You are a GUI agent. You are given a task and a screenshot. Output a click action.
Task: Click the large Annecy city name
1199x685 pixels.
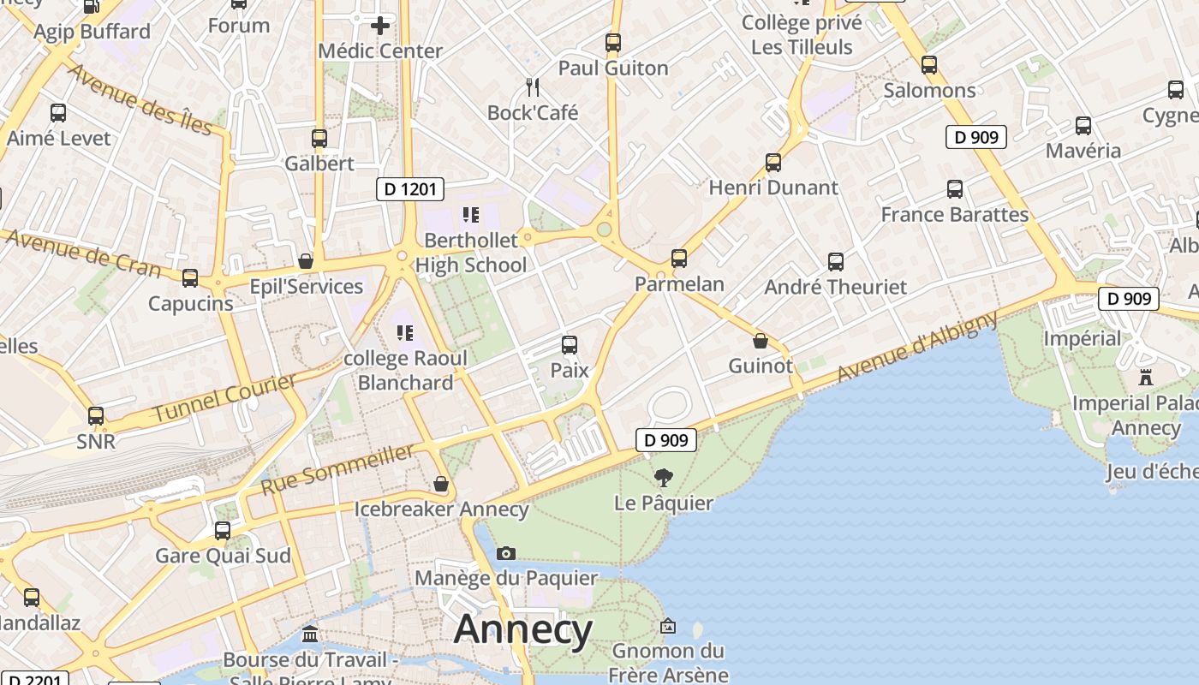(522, 630)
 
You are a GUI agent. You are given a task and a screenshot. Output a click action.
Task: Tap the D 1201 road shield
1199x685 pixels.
(410, 189)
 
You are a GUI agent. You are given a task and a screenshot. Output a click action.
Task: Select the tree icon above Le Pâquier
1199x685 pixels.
(663, 477)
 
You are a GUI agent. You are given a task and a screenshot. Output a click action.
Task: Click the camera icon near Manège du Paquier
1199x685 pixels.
(506, 553)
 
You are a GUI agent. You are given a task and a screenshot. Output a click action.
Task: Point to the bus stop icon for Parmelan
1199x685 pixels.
(679, 258)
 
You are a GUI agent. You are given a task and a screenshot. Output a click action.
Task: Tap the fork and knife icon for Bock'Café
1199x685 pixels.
(533, 86)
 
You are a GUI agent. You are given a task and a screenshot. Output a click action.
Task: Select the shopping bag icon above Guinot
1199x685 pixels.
(760, 341)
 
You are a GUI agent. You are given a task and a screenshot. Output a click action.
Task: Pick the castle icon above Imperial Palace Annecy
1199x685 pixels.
(1146, 377)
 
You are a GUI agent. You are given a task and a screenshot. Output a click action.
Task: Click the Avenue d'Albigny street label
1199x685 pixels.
(916, 347)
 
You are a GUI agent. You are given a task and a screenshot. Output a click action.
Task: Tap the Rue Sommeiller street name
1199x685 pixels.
(337, 469)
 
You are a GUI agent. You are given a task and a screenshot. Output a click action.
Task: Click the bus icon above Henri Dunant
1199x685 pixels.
(773, 162)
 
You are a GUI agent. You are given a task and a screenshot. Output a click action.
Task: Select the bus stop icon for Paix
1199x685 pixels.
(570, 345)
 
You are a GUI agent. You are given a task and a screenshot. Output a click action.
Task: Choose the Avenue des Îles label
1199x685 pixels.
(139, 99)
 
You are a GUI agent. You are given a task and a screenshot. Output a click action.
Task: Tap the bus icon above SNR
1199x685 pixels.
(96, 416)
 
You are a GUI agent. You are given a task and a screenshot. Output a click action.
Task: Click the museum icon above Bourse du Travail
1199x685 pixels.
(310, 634)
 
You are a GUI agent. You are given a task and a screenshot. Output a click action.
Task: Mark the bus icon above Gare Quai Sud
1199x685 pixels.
(223, 530)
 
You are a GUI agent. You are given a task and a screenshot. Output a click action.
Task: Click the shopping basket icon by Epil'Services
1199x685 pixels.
(305, 261)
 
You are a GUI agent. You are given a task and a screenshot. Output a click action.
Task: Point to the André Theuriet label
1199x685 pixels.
(835, 287)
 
